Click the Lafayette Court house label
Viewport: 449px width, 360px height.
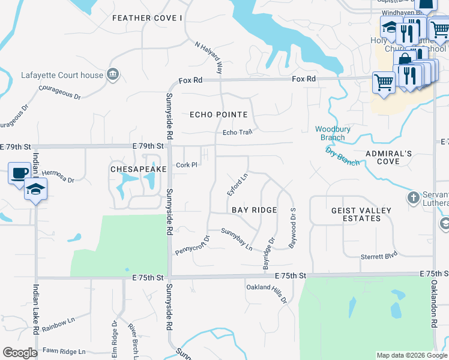[62, 75]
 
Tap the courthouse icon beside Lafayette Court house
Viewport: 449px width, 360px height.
[112, 74]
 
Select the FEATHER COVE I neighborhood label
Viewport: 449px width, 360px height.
[147, 18]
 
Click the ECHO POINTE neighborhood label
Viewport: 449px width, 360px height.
[218, 115]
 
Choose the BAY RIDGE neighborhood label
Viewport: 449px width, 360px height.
[255, 210]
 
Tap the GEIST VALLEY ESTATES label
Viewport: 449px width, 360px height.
[361, 214]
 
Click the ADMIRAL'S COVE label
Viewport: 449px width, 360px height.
[389, 157]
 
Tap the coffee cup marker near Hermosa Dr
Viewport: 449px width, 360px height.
[19, 173]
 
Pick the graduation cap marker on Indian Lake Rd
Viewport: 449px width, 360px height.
[35, 190]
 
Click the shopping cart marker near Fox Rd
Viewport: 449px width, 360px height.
[384, 82]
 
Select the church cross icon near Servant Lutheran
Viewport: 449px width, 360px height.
[413, 197]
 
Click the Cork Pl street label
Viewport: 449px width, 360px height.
[187, 165]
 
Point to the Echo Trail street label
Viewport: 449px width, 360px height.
[236, 133]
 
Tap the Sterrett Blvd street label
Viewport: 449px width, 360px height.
[379, 256]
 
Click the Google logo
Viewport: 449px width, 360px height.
[20, 353]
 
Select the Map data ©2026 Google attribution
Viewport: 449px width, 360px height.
[412, 355]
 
